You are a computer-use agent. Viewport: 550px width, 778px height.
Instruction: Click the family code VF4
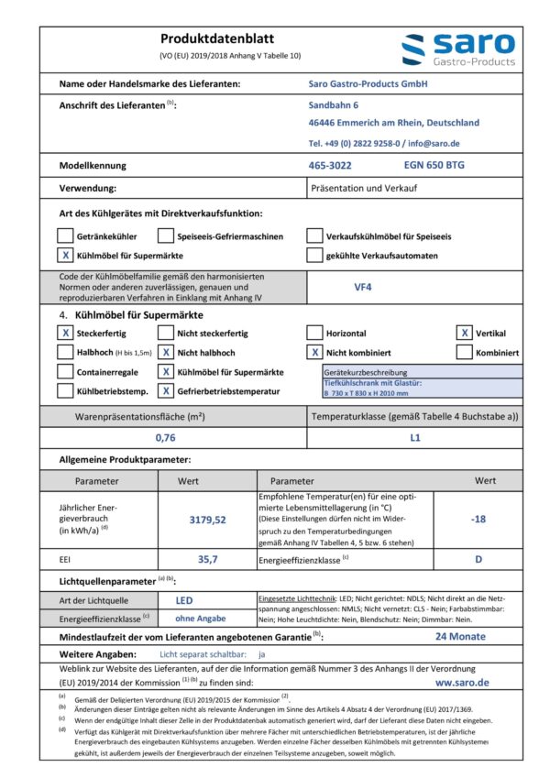364,286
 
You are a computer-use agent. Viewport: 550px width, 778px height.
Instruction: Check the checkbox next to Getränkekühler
65,236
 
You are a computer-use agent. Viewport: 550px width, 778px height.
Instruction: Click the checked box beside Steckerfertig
65,334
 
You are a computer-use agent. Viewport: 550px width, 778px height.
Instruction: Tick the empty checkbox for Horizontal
315,334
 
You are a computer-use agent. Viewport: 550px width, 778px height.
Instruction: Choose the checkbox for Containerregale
65,372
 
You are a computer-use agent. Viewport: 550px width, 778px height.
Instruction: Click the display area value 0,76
165,438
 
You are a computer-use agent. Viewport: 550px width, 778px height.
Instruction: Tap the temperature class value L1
415,438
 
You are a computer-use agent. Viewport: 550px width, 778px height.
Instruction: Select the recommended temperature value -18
478,520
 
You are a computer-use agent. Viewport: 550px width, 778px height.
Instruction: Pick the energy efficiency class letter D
478,558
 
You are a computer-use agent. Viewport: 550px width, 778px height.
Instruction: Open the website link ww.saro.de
462,683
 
